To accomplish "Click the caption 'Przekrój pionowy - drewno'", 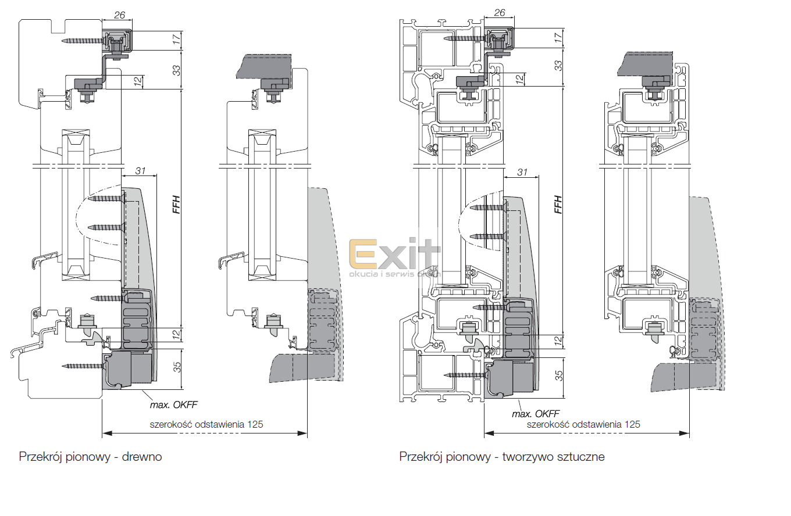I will pyautogui.click(x=90, y=457).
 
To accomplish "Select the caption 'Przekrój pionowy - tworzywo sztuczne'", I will pyautogui.click(x=501, y=457).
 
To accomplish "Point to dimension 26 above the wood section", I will pyautogui.click(x=120, y=16).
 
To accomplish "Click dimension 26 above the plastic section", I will pyautogui.click(x=499, y=12).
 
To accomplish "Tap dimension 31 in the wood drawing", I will pyautogui.click(x=140, y=170).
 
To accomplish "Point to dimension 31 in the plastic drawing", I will pyautogui.click(x=522, y=172).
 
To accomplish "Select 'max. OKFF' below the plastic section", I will pyautogui.click(x=535, y=414).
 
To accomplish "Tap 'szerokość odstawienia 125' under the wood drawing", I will pyautogui.click(x=206, y=424).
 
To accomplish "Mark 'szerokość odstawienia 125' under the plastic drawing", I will pyautogui.click(x=583, y=424).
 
